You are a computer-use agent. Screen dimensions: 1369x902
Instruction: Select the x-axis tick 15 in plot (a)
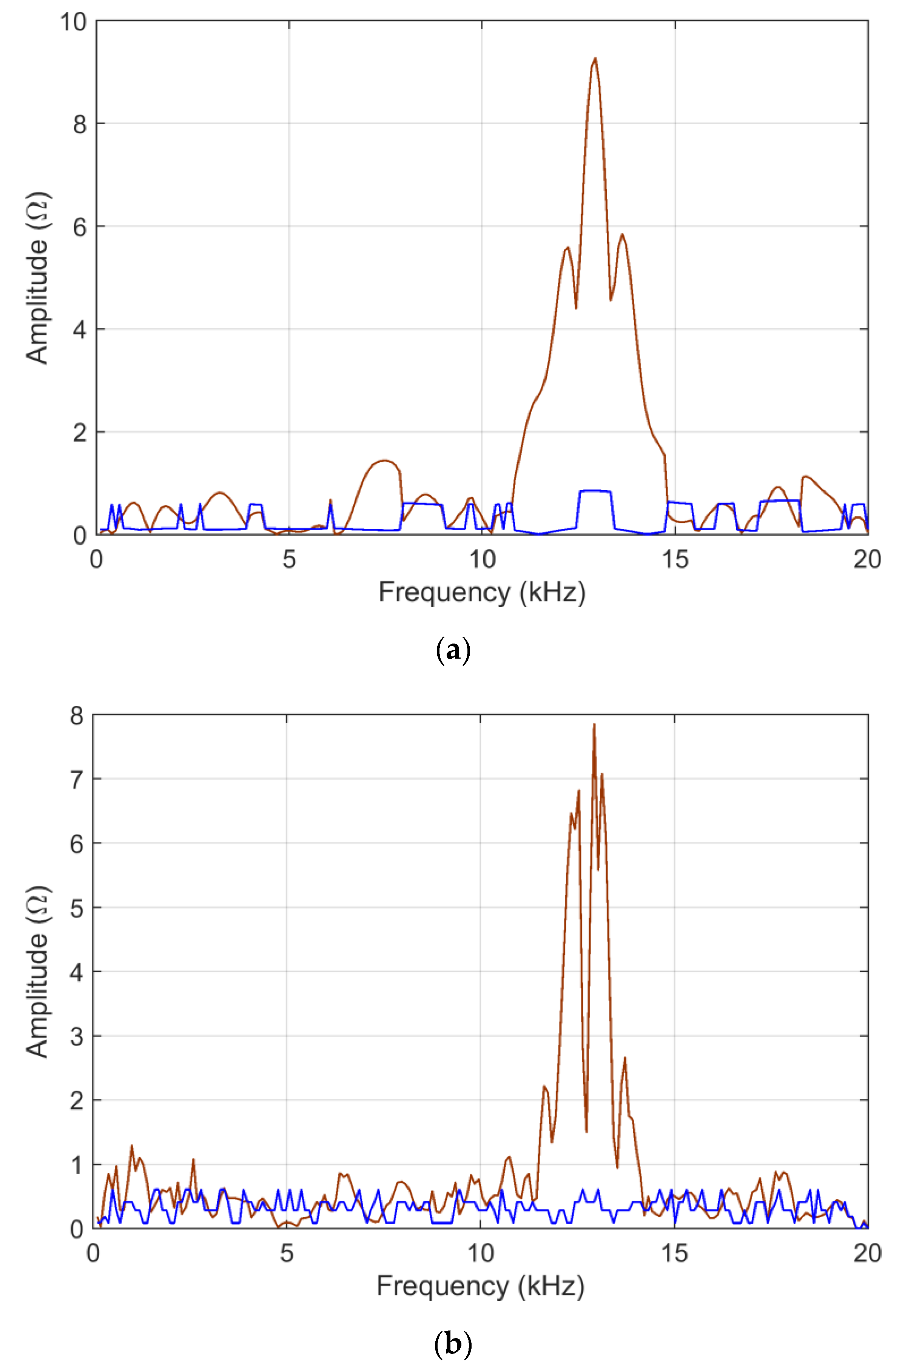coord(675,559)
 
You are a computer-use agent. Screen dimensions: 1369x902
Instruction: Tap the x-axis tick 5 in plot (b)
coord(287,1253)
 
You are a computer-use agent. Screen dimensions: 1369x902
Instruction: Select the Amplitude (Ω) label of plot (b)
coord(37,972)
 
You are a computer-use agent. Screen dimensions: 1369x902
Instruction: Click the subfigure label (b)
coord(453,1344)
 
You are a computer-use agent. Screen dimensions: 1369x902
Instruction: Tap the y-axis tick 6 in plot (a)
coord(79,226)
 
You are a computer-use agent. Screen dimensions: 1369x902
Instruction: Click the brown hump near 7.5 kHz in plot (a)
coord(384,461)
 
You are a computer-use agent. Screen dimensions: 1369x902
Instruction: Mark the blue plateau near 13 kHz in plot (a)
coord(595,491)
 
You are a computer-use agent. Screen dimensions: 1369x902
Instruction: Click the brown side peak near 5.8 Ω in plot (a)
coord(622,235)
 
